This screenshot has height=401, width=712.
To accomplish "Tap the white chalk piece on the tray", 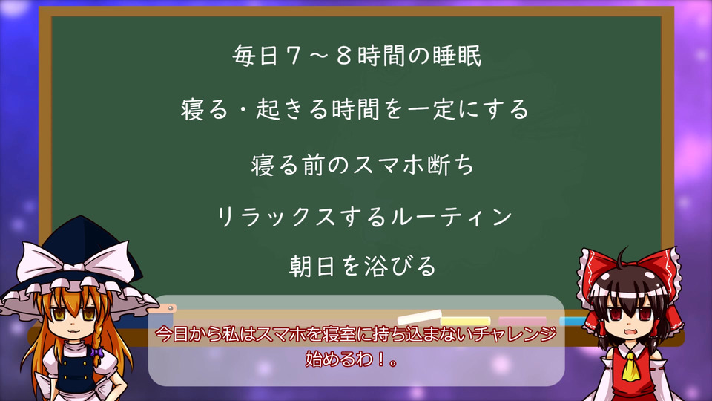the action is point(420,316).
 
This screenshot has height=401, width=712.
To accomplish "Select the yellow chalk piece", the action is point(466,321).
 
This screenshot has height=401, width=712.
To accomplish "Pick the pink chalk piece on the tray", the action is point(523,321).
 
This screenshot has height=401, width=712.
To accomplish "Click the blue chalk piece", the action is point(572,322).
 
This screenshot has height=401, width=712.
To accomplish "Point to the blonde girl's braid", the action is point(97,339).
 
